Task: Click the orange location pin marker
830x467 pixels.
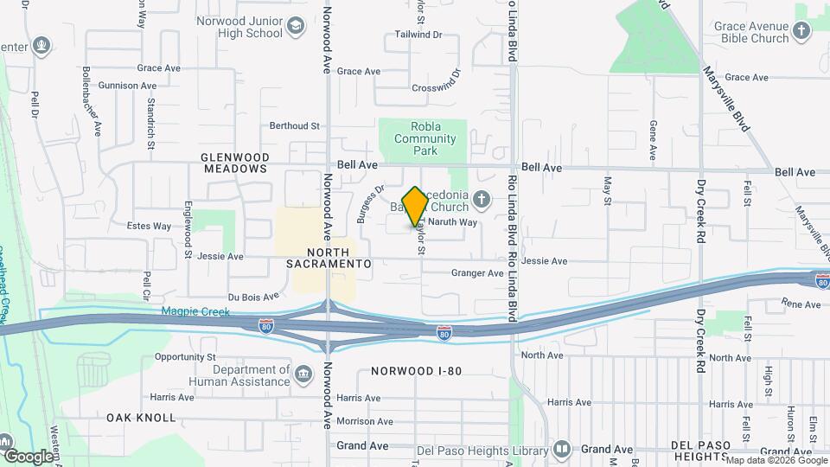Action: pyautogui.click(x=415, y=206)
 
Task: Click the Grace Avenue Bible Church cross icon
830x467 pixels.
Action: pyautogui.click(x=801, y=32)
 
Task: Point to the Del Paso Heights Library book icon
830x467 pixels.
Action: pyautogui.click(x=562, y=449)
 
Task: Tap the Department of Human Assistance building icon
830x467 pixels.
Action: pyautogui.click(x=303, y=374)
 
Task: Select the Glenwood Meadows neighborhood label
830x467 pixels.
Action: pyautogui.click(x=235, y=163)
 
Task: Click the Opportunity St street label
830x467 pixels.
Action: pyautogui.click(x=185, y=356)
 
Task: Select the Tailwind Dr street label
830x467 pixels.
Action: pyautogui.click(x=418, y=35)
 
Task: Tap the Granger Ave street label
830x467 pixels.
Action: pyautogui.click(x=477, y=273)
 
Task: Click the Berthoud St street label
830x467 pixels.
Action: pyautogui.click(x=295, y=125)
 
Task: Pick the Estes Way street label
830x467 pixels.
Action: pyautogui.click(x=149, y=227)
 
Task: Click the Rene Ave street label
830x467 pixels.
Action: pyautogui.click(x=801, y=304)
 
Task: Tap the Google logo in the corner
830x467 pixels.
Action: pyautogui.click(x=29, y=456)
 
